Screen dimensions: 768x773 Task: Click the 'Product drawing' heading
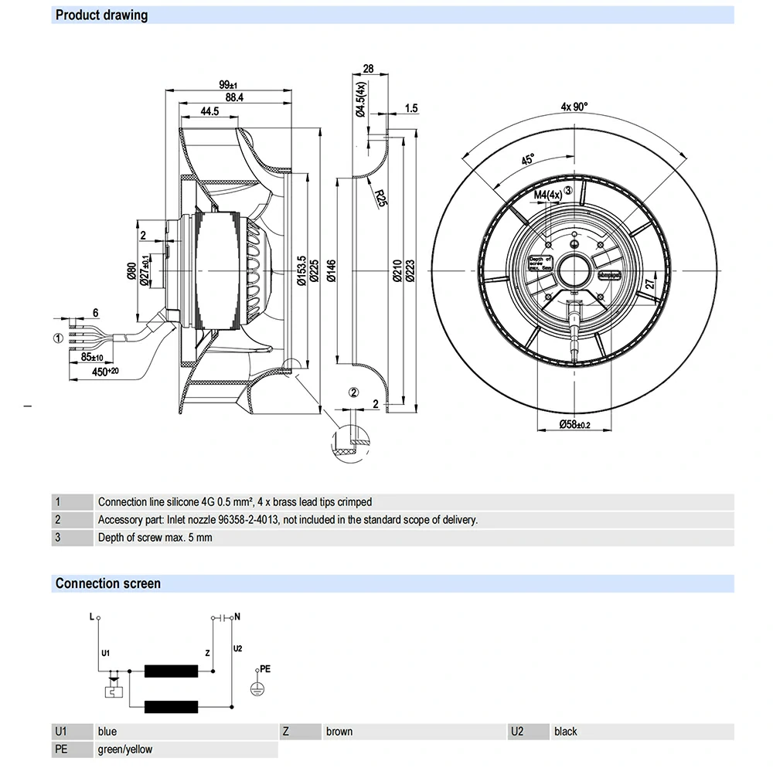pyautogui.click(x=101, y=15)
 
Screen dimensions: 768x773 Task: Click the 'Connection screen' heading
pyautogui.click(x=107, y=583)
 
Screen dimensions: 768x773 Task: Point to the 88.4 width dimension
pyautogui.click(x=233, y=97)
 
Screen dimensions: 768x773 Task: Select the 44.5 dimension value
pyautogui.click(x=209, y=111)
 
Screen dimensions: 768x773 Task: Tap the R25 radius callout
pyautogui.click(x=380, y=199)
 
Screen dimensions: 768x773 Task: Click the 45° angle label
pyautogui.click(x=527, y=160)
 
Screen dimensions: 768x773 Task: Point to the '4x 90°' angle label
pyautogui.click(x=574, y=107)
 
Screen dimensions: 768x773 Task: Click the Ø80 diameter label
pyautogui.click(x=131, y=270)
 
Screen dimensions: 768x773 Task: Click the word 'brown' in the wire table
pyautogui.click(x=339, y=731)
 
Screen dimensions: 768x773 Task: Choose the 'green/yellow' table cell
pyautogui.click(x=125, y=749)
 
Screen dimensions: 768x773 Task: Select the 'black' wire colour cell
pyautogui.click(x=565, y=731)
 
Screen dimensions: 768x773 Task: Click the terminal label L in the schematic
pyautogui.click(x=91, y=617)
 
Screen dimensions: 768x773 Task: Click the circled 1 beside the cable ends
pyautogui.click(x=57, y=338)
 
